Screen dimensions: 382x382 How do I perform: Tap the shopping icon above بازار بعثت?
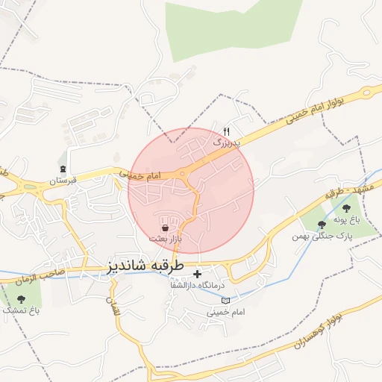coord(165,226)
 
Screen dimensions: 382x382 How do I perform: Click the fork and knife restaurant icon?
coord(226,130)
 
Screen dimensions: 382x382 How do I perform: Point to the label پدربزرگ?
coord(228,140)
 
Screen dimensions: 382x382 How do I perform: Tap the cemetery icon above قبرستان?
coord(63,169)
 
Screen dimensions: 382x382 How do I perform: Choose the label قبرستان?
coord(63,181)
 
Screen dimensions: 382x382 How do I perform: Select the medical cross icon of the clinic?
coord(197,274)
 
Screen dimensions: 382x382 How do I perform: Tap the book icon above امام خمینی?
coord(226,300)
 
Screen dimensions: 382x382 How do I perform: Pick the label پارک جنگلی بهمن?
coord(322,236)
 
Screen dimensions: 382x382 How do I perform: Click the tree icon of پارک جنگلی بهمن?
coord(322,224)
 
